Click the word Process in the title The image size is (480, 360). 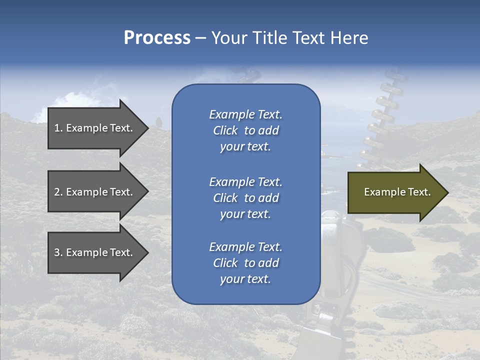[x=157, y=38]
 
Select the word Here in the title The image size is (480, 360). [x=349, y=37]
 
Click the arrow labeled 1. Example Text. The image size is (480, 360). [x=98, y=128]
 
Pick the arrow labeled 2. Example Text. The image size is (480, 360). [x=98, y=191]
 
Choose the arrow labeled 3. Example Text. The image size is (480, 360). [x=98, y=252]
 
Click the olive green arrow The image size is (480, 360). [x=398, y=192]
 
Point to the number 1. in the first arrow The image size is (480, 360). [x=58, y=128]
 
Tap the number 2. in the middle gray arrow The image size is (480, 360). [x=58, y=192]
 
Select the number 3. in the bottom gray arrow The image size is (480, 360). [x=58, y=252]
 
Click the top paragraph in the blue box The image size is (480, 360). [x=246, y=130]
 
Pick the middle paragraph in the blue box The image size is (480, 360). [x=246, y=198]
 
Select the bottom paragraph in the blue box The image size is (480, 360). [x=246, y=263]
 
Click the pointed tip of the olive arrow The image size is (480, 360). [x=448, y=192]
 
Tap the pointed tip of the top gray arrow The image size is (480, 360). [x=149, y=128]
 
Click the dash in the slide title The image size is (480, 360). [x=201, y=39]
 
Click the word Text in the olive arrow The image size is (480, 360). [x=419, y=192]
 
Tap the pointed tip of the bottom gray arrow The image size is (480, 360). [x=149, y=253]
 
